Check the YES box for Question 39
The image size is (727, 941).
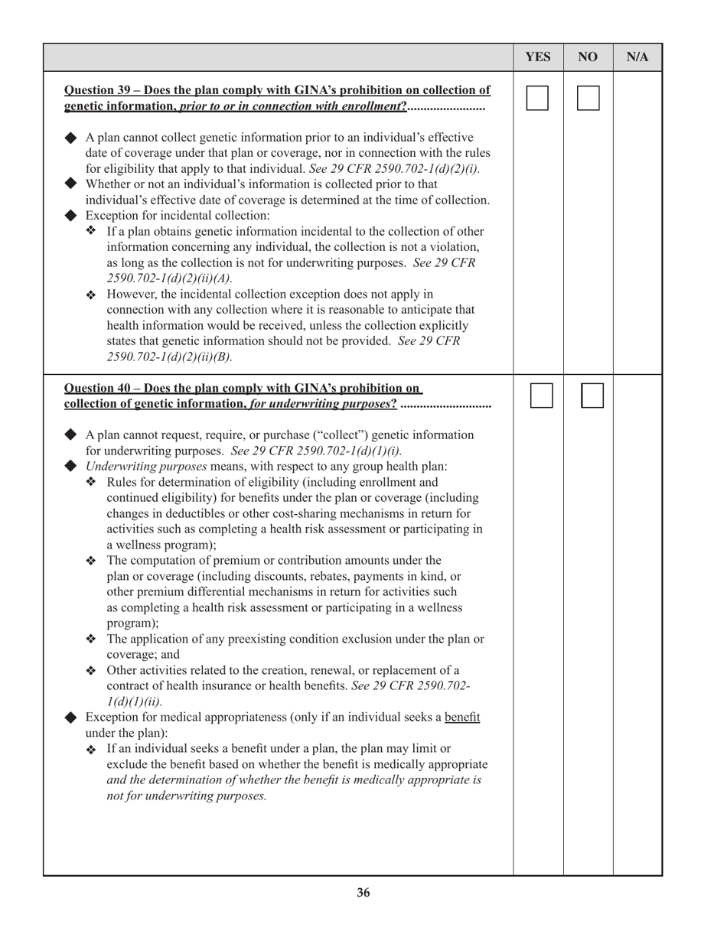coord(537,98)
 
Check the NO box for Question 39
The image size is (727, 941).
coord(588,98)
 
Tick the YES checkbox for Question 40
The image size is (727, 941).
coord(542,396)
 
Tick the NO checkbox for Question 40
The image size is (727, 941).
coord(592,396)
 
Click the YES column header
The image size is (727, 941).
coord(538,57)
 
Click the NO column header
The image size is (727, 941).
coord(588,57)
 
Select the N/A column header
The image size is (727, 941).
coord(637,57)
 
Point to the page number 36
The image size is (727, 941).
coord(363,893)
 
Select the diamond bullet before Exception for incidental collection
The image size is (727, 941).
coord(71,216)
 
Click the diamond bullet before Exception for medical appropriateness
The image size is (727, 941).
coord(71,718)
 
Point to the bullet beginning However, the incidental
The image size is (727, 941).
coord(91,295)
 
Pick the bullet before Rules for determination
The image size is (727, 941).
coord(91,482)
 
